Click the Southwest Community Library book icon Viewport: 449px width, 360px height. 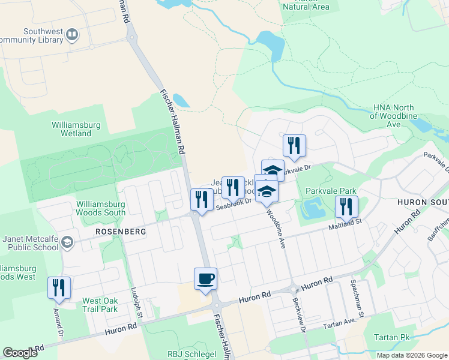tap(72, 35)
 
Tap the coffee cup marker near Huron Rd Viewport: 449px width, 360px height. tap(205, 279)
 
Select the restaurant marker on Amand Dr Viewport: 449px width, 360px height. tap(59, 287)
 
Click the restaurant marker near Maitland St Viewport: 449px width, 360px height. tap(346, 207)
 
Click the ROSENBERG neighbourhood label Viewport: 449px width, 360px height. tap(112, 230)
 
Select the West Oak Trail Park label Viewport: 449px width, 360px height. tap(100, 305)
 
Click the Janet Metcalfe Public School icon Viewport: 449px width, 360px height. tap(68, 242)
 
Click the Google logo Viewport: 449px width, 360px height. tap(20, 353)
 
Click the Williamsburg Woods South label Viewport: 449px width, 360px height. tap(101, 208)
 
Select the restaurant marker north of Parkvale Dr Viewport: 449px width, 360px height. tap(294, 146)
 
